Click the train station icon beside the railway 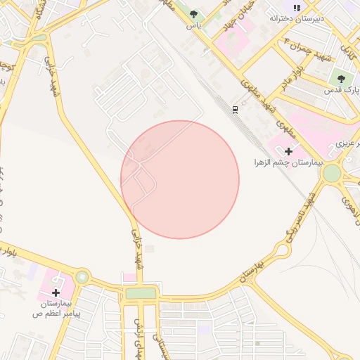click(x=236, y=109)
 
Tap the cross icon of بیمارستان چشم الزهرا click(x=288, y=151)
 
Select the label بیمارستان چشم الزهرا click(x=288, y=162)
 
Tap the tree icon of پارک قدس click(x=341, y=79)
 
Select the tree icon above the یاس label click(x=193, y=14)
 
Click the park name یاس click(x=193, y=25)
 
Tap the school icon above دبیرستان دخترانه click(x=297, y=7)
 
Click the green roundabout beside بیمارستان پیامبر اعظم click(x=83, y=277)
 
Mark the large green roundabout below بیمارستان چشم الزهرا click(x=332, y=173)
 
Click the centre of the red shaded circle click(x=180, y=180)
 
